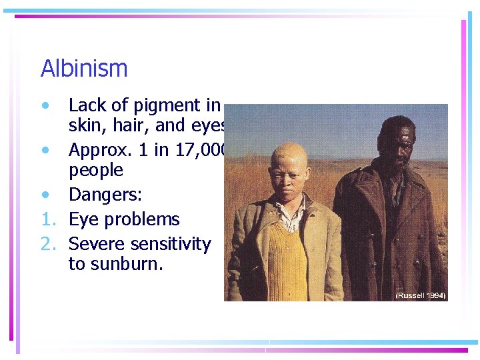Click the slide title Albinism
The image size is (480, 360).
click(x=84, y=69)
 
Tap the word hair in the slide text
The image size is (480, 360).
click(x=140, y=125)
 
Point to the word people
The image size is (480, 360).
click(x=96, y=170)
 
